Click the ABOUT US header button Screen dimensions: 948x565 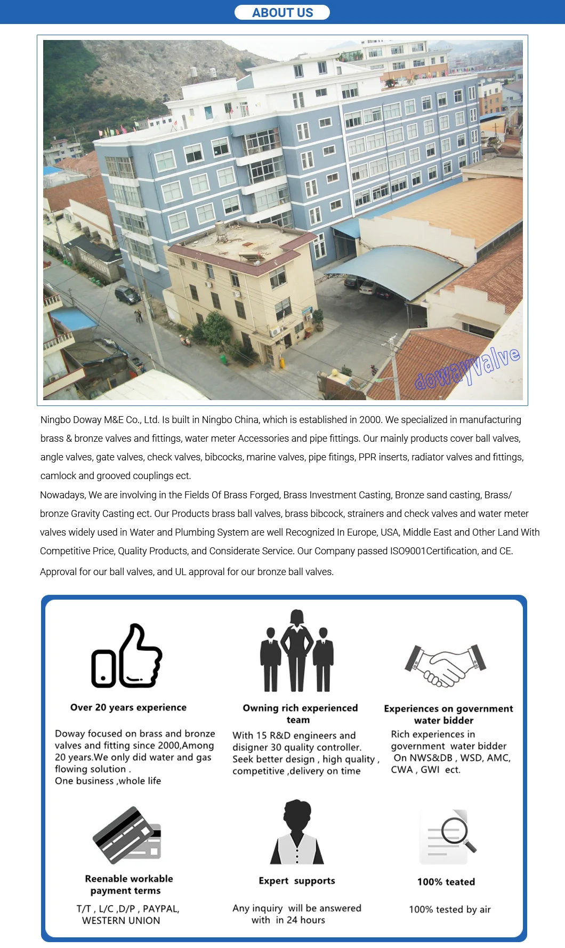(282, 12)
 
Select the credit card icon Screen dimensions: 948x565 (127, 835)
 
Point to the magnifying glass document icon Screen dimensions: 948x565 (448, 836)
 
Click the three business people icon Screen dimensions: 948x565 (297, 651)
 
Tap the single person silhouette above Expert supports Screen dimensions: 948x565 (297, 832)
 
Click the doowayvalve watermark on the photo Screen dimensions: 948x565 (467, 368)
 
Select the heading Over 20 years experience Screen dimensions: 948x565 (128, 707)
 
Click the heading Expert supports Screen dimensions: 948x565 (297, 881)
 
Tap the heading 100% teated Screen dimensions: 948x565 (446, 882)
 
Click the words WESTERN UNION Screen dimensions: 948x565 (121, 920)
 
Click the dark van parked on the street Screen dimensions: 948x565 (127, 294)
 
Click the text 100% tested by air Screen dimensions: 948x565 (450, 910)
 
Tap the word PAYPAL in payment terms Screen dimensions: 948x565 (160, 909)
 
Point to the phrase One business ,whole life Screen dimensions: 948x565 (108, 781)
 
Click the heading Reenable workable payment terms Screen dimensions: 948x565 (128, 885)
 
